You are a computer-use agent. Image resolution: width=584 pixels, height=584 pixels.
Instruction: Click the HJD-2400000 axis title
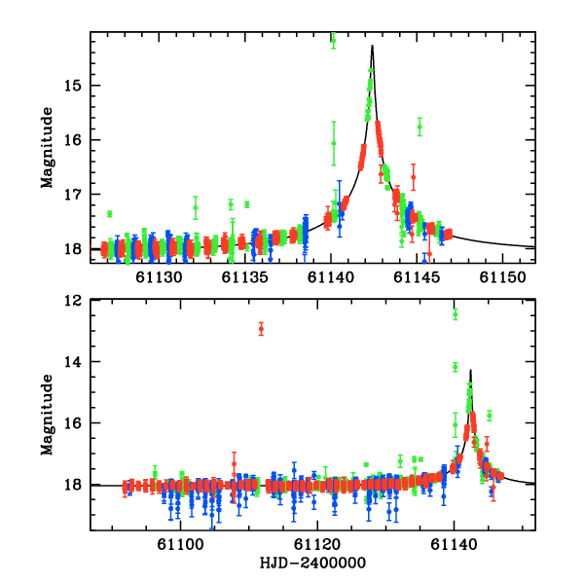[313, 563]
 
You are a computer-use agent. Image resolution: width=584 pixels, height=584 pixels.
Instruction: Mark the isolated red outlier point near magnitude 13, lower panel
[261, 329]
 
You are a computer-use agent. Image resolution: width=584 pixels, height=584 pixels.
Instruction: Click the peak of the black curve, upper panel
[372, 46]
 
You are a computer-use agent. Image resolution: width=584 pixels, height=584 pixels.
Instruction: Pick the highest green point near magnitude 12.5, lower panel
[455, 313]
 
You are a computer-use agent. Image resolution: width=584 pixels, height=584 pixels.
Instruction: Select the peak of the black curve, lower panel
[471, 370]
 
